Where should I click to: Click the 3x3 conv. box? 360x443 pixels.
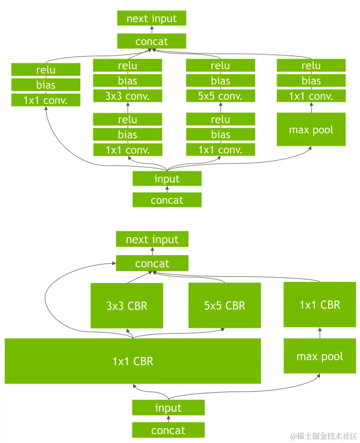click(128, 96)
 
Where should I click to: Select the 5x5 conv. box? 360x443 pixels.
click(221, 96)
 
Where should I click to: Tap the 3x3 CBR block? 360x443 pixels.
click(127, 306)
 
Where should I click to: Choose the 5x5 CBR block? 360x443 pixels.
click(225, 306)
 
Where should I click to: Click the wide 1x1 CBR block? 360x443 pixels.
click(133, 361)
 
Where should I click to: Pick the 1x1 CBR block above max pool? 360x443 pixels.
click(320, 305)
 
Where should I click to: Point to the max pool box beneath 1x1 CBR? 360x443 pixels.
click(320, 356)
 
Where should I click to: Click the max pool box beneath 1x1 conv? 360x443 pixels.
click(311, 130)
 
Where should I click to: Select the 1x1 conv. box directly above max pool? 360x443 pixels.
click(311, 96)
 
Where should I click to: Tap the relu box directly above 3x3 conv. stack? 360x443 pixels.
click(128, 66)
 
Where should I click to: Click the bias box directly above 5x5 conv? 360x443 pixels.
click(221, 81)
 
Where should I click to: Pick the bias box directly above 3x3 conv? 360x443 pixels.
click(128, 81)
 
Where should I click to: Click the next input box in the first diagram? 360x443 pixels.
click(152, 19)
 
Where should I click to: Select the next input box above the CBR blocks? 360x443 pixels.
click(152, 239)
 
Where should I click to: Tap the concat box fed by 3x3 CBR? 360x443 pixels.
click(152, 263)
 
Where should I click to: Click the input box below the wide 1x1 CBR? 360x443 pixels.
click(168, 408)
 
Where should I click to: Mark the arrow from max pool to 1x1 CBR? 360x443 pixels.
click(320, 333)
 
